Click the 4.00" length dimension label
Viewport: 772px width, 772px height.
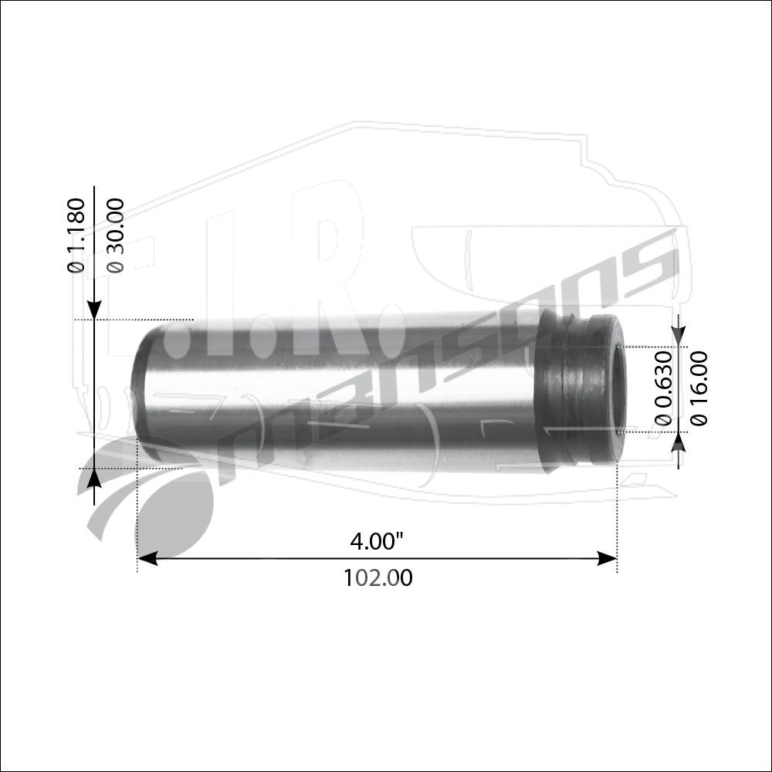pyautogui.click(x=377, y=542)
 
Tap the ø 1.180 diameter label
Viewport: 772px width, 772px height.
pyautogui.click(x=76, y=235)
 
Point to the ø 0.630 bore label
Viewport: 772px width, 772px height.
pyautogui.click(x=664, y=388)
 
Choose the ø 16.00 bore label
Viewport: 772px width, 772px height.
pyautogui.click(x=699, y=388)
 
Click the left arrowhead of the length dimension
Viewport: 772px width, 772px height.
pyautogui.click(x=147, y=559)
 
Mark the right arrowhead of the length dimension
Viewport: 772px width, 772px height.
pyautogui.click(x=607, y=559)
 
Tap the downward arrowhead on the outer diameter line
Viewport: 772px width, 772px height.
pyautogui.click(x=94, y=310)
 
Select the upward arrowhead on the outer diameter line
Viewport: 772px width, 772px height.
pyautogui.click(x=94, y=479)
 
